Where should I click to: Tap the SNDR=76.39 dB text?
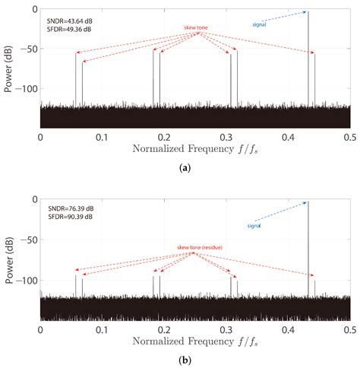click(69, 208)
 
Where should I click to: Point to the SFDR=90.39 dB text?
click(69, 217)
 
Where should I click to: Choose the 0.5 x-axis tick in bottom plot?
click(349, 326)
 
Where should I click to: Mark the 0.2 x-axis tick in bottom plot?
click(164, 326)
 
